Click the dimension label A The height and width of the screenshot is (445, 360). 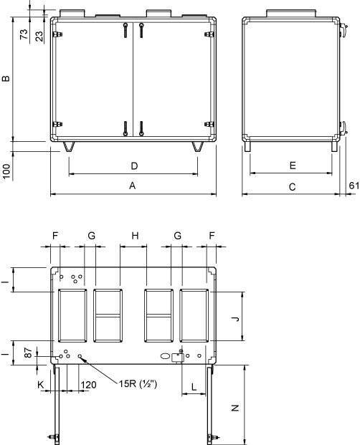tap(132, 186)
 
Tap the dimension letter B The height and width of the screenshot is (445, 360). tap(6, 78)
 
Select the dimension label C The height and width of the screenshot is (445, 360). tap(292, 187)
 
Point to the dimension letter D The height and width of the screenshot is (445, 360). tap(134, 166)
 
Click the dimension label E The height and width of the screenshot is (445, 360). tap(293, 166)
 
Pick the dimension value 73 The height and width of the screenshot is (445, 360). tap(24, 34)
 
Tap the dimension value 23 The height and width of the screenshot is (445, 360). tap(39, 36)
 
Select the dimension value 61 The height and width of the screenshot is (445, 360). tap(354, 186)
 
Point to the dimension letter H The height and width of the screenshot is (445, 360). tap(135, 236)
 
